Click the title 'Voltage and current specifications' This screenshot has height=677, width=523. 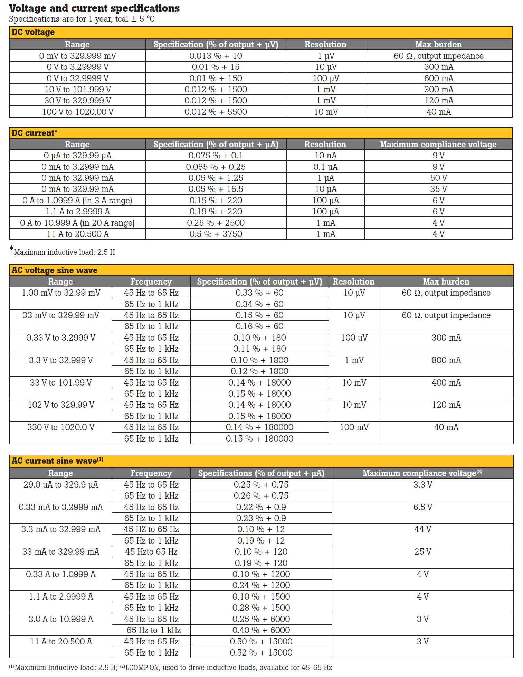pos(94,8)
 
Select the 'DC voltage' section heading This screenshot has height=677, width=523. pos(33,32)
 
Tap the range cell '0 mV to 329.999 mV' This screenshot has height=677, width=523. pos(77,56)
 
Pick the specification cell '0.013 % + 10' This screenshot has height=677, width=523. pos(216,56)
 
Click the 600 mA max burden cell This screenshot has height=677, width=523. pos(438,78)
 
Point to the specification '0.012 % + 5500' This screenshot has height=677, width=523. pos(216,112)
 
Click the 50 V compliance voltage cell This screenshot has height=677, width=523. pos(438,178)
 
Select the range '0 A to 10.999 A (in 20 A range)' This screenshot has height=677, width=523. pos(77,223)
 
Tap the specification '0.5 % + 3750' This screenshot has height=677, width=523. pos(216,234)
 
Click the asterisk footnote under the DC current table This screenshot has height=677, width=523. pos(62,252)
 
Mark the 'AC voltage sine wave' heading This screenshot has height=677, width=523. pos(55,270)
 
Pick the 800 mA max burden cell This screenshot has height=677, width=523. pos(446,360)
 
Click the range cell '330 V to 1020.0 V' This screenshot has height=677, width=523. pos(60,427)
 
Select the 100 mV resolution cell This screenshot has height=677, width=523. pos(354,427)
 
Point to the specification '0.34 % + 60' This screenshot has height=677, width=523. pos(259,304)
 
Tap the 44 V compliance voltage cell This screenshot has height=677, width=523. pos(422,529)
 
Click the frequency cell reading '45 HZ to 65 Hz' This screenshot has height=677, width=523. pos(151,529)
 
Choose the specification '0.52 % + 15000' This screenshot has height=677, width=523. pos(261,653)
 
